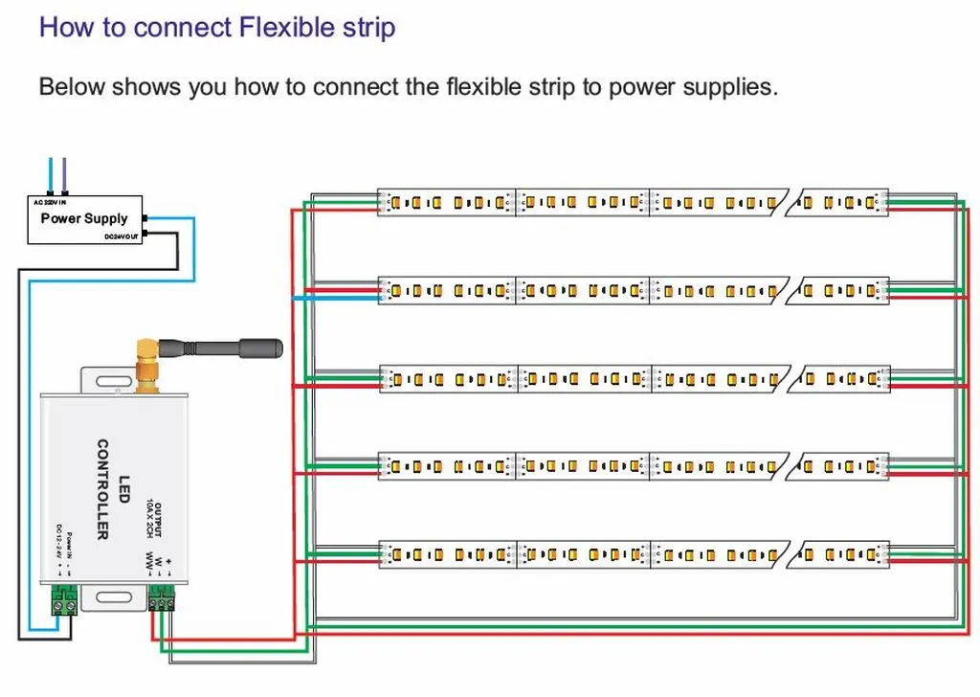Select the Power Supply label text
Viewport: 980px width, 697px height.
(83, 218)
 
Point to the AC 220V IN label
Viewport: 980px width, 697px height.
(51, 202)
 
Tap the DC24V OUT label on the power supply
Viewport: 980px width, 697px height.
(122, 236)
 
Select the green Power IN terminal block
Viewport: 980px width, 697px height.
(64, 604)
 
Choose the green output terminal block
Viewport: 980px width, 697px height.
(163, 600)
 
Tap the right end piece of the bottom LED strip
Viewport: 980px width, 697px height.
(843, 554)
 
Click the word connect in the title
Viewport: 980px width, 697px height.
(171, 26)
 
